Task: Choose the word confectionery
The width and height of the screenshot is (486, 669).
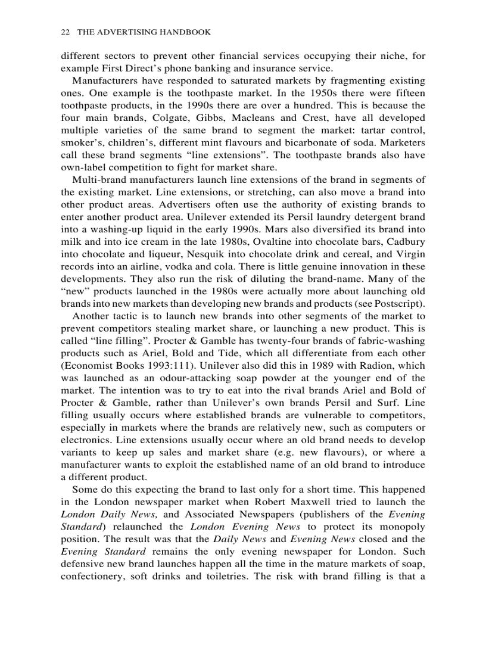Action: [94, 577]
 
